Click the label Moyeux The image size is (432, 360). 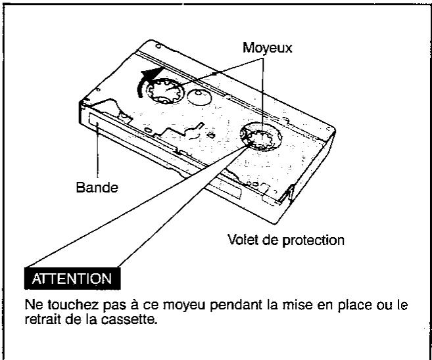(267, 48)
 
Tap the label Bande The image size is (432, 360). (97, 188)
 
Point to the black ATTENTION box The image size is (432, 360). (72, 279)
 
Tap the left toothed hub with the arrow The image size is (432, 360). (165, 91)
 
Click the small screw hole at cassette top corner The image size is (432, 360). (158, 46)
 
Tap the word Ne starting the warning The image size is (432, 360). (34, 305)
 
